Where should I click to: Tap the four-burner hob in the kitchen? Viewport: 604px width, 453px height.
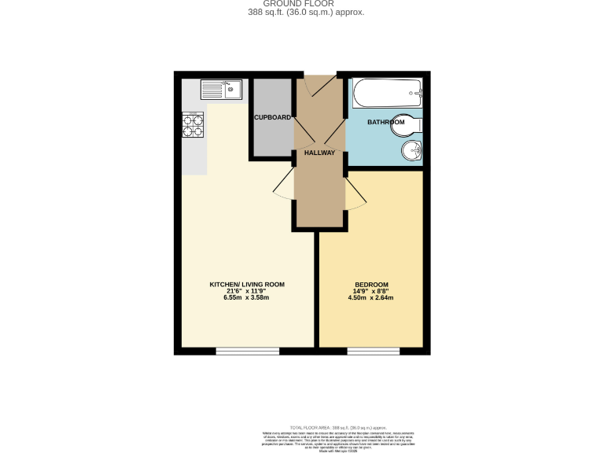(x=193, y=124)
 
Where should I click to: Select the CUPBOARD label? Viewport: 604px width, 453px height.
(x=272, y=118)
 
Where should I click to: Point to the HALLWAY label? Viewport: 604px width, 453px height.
(x=320, y=153)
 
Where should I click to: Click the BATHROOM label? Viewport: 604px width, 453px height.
(x=385, y=123)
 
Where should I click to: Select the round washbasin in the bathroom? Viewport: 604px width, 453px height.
(x=411, y=151)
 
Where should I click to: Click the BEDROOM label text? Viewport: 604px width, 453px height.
(x=371, y=284)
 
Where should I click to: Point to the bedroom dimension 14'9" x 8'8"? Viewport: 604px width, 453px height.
(x=371, y=291)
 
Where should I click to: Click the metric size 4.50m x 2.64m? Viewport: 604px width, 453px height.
(x=371, y=298)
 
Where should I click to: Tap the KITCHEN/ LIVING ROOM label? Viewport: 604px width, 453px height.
(x=246, y=284)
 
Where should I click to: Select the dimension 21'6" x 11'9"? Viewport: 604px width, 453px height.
(x=246, y=291)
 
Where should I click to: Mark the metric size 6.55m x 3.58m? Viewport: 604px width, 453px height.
(x=246, y=298)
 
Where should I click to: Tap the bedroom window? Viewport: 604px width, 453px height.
(x=373, y=351)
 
